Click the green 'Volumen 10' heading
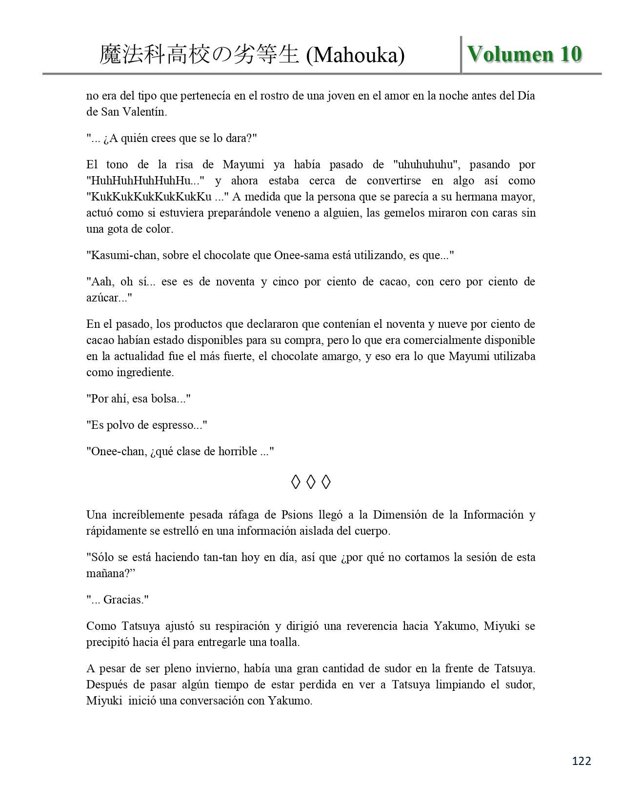pyautogui.click(x=524, y=54)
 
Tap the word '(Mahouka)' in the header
pyautogui.click(x=355, y=56)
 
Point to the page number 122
pyautogui.click(x=581, y=761)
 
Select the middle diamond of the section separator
pyautogui.click(x=311, y=483)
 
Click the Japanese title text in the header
pyautogui.click(x=199, y=55)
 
